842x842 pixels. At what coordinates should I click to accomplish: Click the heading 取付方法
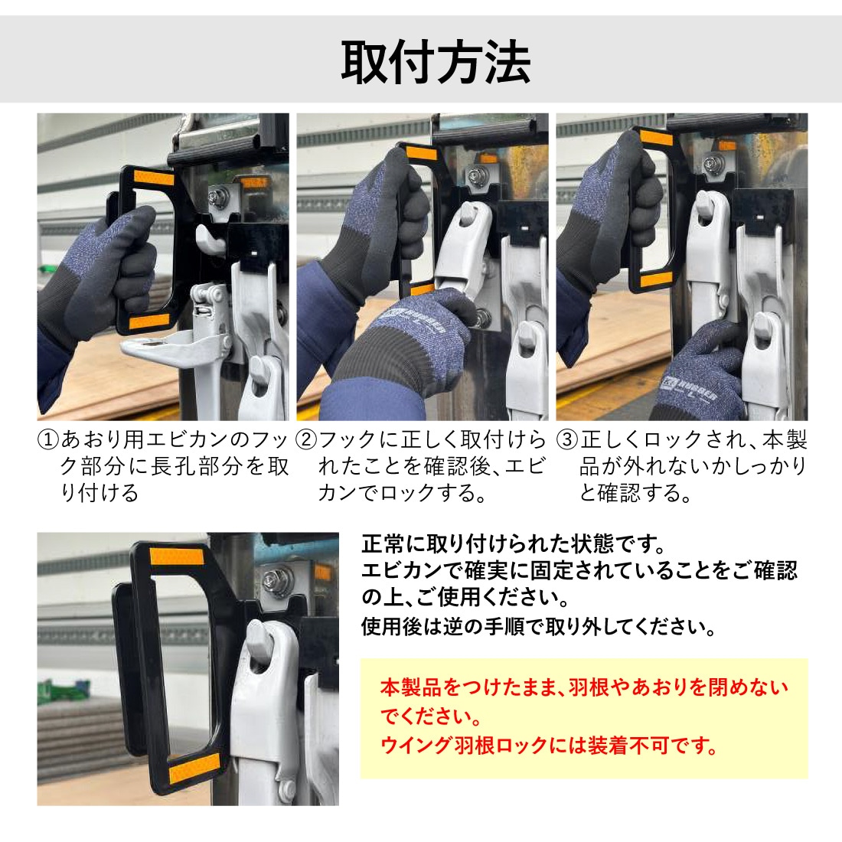tap(436, 62)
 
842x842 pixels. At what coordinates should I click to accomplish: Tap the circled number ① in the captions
tap(47, 440)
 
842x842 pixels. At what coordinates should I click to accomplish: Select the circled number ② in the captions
tap(307, 440)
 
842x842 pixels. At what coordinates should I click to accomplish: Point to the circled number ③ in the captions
tap(567, 440)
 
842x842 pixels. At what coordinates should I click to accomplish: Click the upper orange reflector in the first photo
tap(154, 177)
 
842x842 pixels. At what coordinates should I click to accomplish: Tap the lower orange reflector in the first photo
tap(150, 322)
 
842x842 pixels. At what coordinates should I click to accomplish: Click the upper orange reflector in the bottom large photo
tap(177, 557)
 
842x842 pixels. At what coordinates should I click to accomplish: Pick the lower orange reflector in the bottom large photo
tap(194, 765)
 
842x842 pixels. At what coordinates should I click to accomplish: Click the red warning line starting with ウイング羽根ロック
tap(549, 746)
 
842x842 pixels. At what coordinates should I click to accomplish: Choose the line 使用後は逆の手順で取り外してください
tap(538, 626)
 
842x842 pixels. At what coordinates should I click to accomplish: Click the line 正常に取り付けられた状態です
tap(514, 544)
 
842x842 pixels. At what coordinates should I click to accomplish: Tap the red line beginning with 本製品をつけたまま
tap(584, 687)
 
